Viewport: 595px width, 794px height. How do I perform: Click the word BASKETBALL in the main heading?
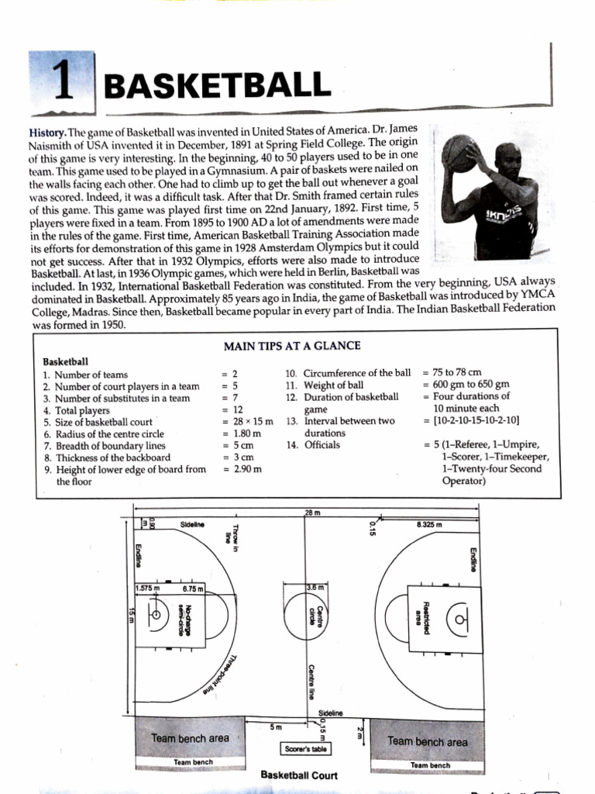tap(212, 86)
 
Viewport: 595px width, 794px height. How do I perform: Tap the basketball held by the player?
tap(462, 153)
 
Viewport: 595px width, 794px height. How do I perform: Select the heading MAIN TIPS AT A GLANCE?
tap(291, 346)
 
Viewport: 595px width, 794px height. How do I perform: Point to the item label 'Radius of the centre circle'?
tap(115, 434)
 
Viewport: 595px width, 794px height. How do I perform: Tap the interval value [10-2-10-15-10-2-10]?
tap(471, 420)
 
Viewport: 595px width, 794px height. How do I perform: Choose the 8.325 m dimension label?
tap(428, 525)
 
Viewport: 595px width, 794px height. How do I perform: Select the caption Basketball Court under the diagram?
tap(299, 775)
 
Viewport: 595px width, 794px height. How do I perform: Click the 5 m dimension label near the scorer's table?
tap(274, 727)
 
